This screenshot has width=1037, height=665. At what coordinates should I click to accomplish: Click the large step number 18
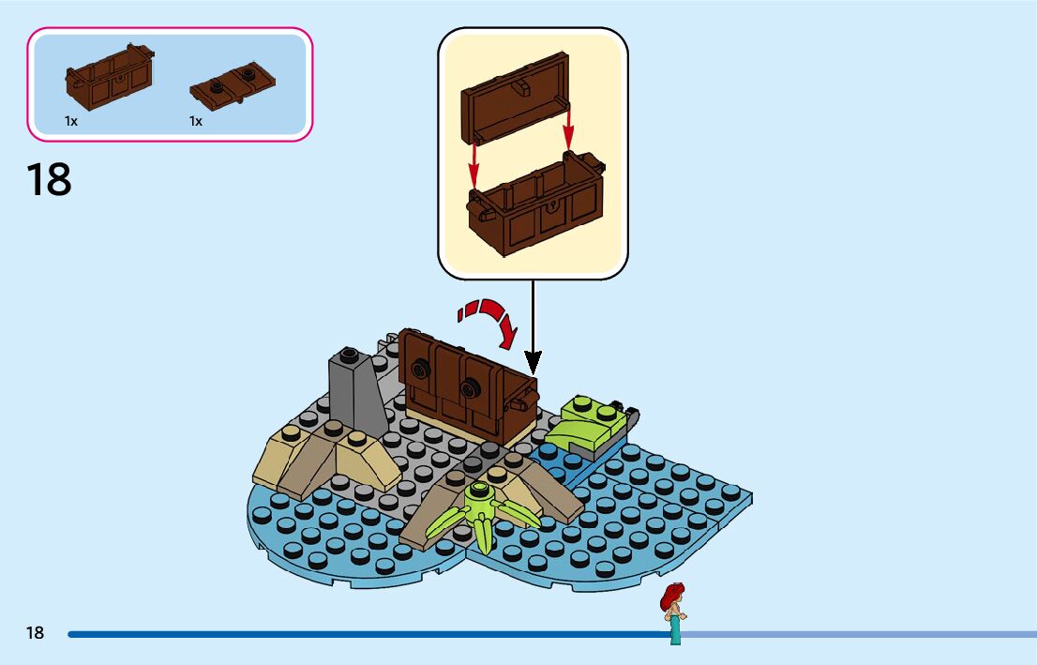pos(49,179)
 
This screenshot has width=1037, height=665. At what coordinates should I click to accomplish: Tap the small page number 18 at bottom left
pos(35,633)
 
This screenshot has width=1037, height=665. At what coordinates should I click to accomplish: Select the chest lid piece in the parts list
pos(233,84)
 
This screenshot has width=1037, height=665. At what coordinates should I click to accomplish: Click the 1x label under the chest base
pos(71,121)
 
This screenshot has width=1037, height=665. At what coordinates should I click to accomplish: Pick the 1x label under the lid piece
pos(196,121)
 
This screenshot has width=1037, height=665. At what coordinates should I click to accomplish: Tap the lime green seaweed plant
pos(483,512)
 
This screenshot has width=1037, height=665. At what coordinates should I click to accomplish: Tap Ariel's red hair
pos(671,594)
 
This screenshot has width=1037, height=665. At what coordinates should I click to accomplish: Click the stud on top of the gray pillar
pos(349,355)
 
